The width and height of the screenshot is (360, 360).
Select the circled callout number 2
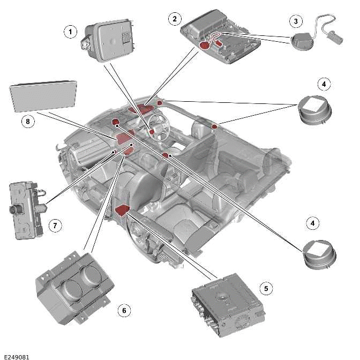pyautogui.click(x=173, y=19)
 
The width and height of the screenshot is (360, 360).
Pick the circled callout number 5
pyautogui.click(x=265, y=288)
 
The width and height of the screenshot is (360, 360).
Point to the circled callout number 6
pyautogui.click(x=124, y=310)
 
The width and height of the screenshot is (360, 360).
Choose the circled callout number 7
pyautogui.click(x=55, y=226)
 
